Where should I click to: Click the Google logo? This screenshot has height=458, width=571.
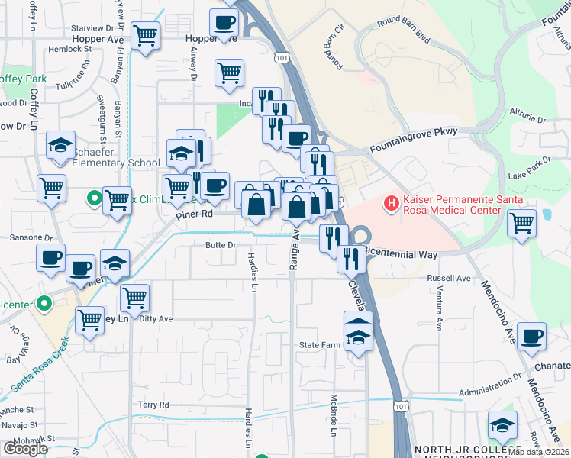[x=25, y=449]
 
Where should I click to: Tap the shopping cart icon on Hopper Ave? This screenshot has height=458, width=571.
[x=145, y=34]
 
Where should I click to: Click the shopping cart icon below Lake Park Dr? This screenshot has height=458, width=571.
[x=522, y=224]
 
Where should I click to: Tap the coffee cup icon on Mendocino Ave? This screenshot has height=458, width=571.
[x=531, y=336]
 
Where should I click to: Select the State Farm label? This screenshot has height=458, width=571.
[x=318, y=345]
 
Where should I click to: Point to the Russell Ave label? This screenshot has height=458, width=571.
[x=449, y=279]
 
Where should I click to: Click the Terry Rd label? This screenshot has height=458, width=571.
[x=153, y=405]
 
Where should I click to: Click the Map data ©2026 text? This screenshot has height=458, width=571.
[x=539, y=452]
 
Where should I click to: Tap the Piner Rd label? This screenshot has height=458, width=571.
[x=194, y=215]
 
